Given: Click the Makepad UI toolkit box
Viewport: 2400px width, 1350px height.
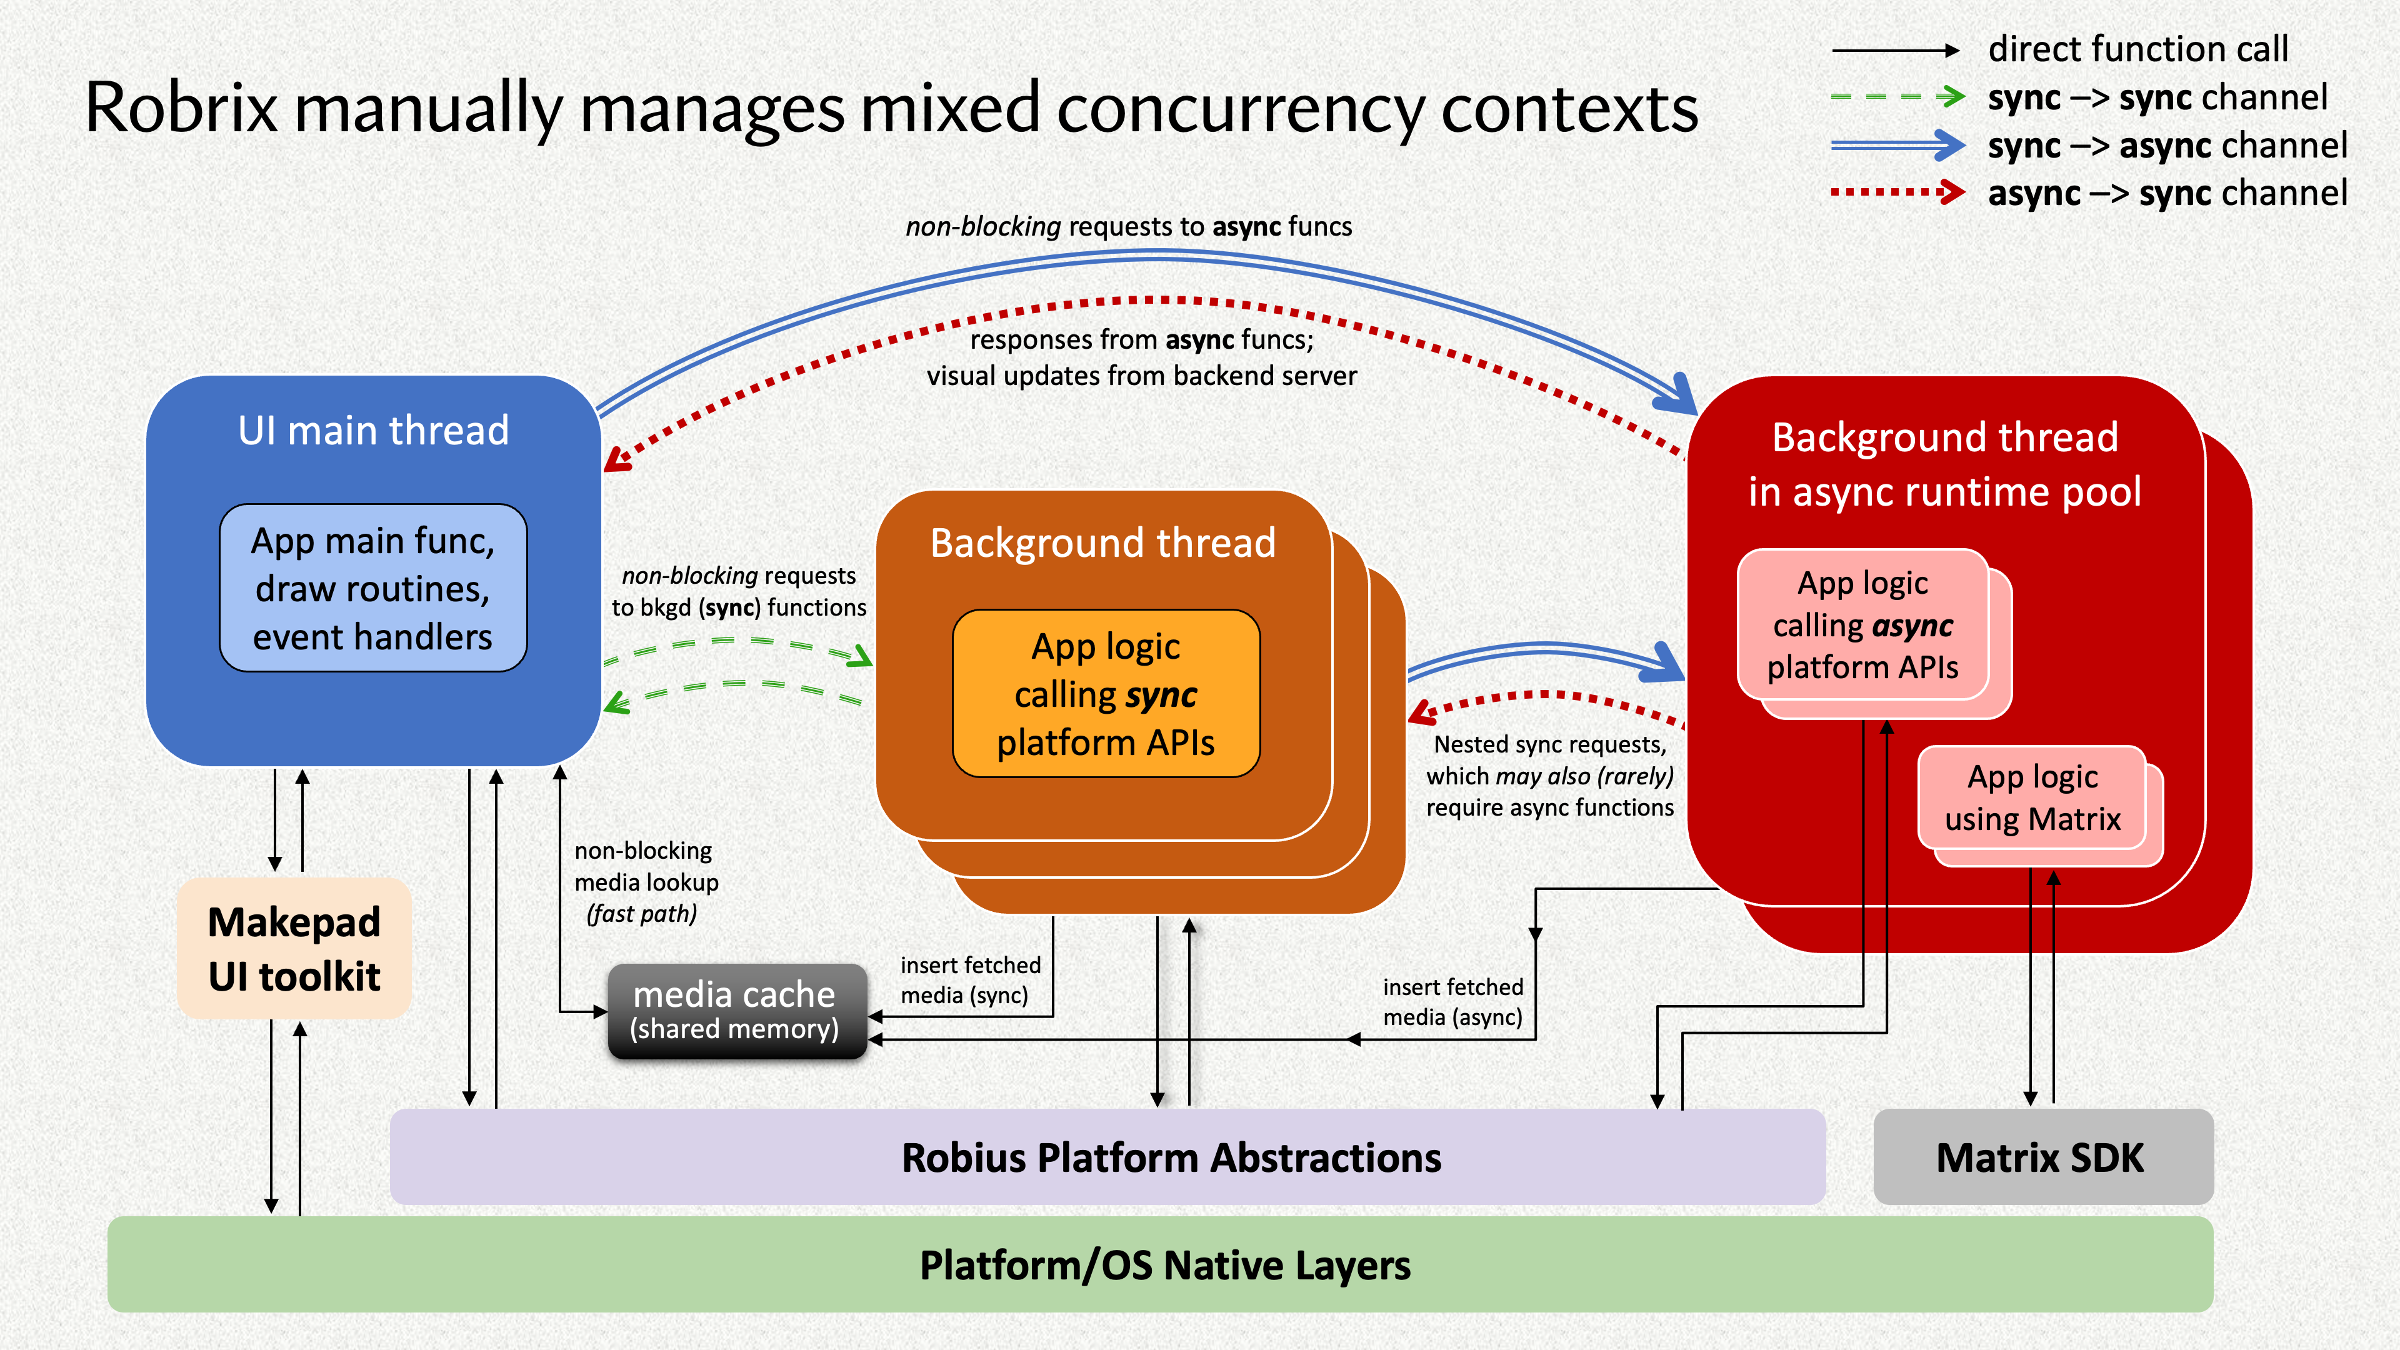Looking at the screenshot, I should (294, 949).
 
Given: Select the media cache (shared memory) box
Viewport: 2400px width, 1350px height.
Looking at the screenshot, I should (736, 1011).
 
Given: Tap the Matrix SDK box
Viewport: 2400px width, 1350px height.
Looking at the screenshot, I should (2041, 1157).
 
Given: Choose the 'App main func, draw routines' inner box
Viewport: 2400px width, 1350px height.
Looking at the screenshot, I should (372, 588).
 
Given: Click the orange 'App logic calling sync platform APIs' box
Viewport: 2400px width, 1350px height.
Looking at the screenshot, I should (1106, 694).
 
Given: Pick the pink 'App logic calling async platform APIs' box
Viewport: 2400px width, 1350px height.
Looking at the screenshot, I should (1862, 624).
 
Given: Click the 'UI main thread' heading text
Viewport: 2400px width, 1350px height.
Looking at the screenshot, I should (372, 431).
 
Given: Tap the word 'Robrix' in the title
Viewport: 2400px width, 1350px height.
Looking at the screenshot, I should (182, 108).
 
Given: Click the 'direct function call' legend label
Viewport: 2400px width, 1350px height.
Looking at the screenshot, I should (2137, 49).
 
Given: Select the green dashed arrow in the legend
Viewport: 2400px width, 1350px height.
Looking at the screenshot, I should (1897, 96).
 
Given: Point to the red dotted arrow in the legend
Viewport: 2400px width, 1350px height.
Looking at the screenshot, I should (1897, 193).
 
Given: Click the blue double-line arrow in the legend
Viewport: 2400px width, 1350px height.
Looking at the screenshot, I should (1897, 144).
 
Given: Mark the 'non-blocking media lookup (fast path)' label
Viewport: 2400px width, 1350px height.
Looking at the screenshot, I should (646, 881).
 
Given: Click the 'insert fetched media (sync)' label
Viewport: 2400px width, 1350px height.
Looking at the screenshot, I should (969, 980).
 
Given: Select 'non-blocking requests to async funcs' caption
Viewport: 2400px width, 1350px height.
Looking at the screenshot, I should (1128, 226).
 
